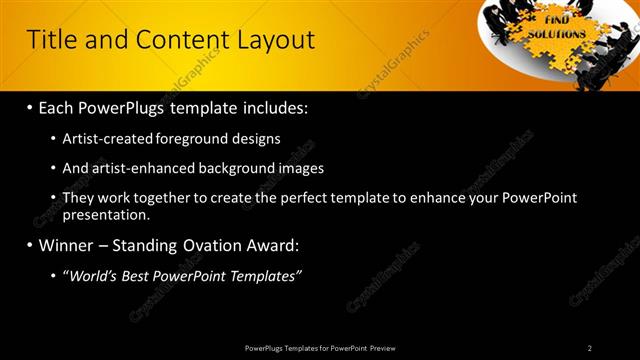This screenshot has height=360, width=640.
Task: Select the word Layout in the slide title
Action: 275,40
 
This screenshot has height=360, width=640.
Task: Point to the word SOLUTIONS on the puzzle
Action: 558,32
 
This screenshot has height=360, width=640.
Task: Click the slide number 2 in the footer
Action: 590,348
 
